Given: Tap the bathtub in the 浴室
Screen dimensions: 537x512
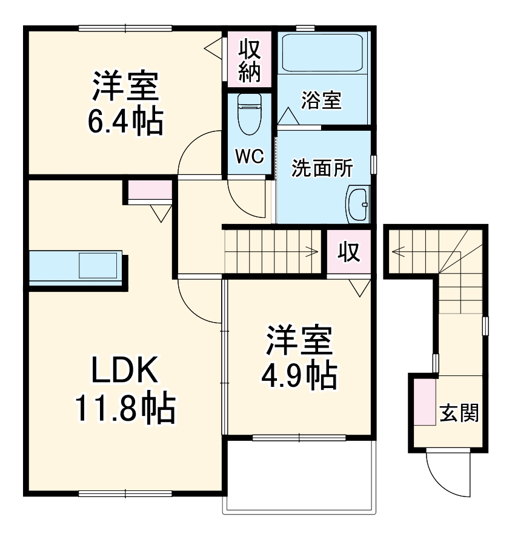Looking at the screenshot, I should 322,54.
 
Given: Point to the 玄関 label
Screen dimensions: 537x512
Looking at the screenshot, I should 459,413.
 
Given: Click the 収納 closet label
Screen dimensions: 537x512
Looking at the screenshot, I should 248,61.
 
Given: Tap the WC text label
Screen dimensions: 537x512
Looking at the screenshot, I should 249,157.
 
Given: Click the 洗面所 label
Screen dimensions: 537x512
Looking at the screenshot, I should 322,168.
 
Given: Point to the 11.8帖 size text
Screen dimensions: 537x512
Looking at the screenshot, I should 125,410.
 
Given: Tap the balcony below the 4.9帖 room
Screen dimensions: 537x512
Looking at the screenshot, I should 300,475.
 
